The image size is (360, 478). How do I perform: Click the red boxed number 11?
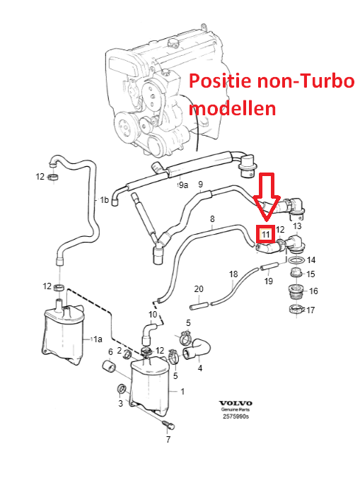point(265,235)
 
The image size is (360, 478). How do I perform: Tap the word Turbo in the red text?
point(327,81)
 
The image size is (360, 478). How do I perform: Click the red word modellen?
point(232,108)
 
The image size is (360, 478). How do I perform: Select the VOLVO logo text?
point(236,403)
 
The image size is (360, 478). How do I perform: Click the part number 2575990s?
point(236,416)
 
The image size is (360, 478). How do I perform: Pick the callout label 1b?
point(104,199)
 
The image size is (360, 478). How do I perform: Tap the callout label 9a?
point(183,185)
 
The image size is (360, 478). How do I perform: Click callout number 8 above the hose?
point(212,219)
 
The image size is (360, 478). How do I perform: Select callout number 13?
point(297,226)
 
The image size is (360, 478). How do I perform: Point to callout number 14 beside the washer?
point(311,260)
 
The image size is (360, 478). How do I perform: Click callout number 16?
point(313,291)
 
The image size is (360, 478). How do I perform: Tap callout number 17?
point(310,310)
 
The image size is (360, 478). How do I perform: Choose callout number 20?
point(199,288)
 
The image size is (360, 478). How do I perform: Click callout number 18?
point(233,274)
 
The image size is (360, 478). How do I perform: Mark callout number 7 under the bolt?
point(168,439)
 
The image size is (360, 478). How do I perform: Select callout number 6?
point(110,352)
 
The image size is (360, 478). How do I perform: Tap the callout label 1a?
point(98,339)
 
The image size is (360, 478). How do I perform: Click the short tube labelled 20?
point(199,305)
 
